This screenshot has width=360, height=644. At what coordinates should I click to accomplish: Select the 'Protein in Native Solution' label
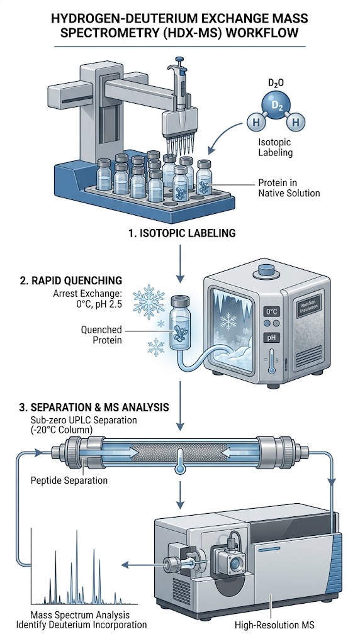pos(289,187)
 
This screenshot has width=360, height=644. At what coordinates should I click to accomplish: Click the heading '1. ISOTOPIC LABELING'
pos(181,233)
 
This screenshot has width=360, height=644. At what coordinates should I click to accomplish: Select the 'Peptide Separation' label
pos(69,480)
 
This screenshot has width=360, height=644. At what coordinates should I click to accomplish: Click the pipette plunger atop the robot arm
pos(177,64)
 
